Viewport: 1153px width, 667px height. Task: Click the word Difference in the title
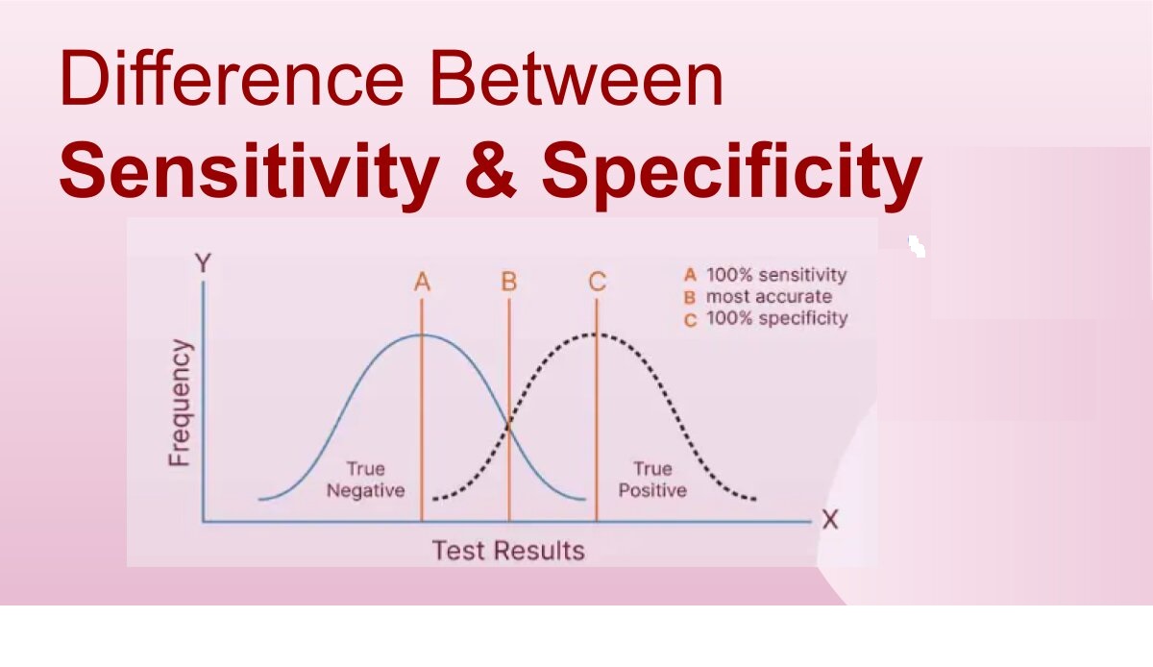tap(233, 77)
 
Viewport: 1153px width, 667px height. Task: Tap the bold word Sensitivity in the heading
tap(250, 173)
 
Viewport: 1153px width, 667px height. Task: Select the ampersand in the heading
tap(490, 170)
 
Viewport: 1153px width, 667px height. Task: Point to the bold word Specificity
tap(731, 173)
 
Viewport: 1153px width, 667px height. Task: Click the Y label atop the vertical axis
tap(204, 263)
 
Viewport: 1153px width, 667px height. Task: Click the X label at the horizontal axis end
tap(830, 520)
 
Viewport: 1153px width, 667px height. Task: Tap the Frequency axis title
tap(181, 403)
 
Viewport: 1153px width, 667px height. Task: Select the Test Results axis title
tap(508, 551)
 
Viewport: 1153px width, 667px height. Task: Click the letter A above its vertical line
tap(422, 282)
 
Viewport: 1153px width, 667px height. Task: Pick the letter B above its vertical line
tap(509, 282)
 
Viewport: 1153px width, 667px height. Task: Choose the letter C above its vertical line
tap(597, 282)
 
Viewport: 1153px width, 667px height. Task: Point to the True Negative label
tap(366, 480)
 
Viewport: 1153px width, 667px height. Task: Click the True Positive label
tap(652, 480)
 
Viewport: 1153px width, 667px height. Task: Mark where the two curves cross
tap(509, 427)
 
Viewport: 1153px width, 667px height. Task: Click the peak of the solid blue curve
tap(422, 334)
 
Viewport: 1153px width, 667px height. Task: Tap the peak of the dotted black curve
tap(597, 334)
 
